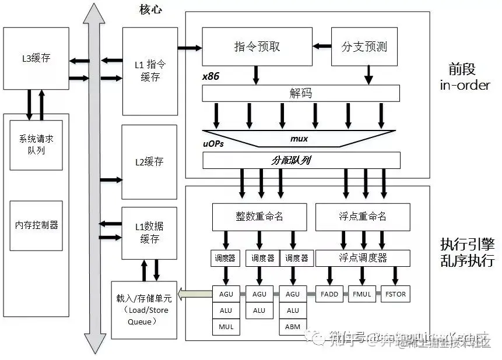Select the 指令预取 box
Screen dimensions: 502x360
257,47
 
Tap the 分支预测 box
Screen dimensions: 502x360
364,47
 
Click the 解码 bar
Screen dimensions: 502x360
301,93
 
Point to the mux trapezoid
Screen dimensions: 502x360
299,139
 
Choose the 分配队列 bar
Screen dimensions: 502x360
301,160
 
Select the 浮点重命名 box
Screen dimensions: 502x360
362,216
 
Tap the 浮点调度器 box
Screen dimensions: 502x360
362,257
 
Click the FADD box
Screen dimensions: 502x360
329,294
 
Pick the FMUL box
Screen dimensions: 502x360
362,294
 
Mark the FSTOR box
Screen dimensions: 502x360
395,294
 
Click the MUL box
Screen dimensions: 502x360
226,327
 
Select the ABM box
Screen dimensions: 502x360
293,327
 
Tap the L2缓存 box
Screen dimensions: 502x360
149,162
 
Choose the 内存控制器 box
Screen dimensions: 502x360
36,225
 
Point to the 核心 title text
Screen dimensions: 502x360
150,9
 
